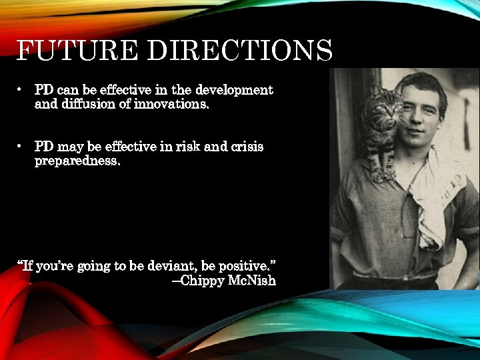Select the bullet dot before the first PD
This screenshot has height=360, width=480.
pyautogui.click(x=23, y=89)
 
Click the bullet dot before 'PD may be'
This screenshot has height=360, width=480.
pyautogui.click(x=23, y=146)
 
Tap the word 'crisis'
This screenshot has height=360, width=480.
pyautogui.click(x=247, y=147)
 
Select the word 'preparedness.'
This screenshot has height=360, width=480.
pyautogui.click(x=77, y=161)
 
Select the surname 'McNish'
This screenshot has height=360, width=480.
pyautogui.click(x=252, y=281)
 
